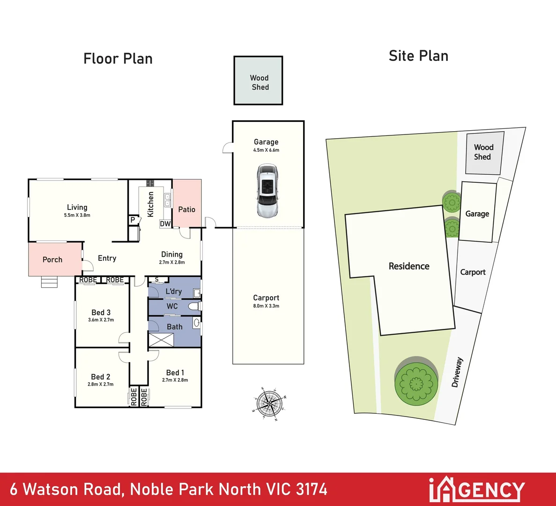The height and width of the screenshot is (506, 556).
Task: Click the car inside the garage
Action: [268, 191]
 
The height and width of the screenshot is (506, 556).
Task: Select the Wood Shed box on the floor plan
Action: [258, 81]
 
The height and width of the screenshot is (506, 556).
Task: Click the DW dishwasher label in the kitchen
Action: [165, 224]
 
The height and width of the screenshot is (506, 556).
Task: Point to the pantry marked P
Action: [133, 220]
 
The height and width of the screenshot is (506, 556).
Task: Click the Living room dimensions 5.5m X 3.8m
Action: [77, 216]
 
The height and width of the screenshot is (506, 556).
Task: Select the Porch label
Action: [52, 260]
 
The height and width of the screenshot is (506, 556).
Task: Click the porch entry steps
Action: [49, 282]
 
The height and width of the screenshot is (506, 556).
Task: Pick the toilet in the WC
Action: [194, 306]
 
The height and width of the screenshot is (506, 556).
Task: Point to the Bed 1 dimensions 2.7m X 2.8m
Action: [175, 380]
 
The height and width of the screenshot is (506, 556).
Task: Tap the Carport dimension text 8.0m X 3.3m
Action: [266, 306]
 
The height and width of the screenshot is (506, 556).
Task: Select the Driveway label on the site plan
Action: [457, 372]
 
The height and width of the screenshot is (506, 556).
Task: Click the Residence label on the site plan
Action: [409, 266]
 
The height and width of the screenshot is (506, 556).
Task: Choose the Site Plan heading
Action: [418, 56]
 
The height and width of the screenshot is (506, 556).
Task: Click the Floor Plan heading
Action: [118, 59]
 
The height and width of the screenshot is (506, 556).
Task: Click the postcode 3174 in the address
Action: [311, 490]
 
